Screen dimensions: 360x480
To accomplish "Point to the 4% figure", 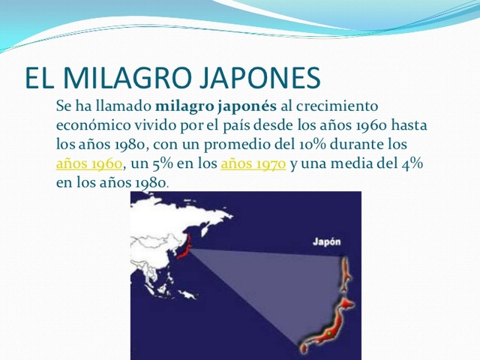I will pos(412,163).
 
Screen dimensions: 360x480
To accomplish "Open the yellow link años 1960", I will pos(89,163).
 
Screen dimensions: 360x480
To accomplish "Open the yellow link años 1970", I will pos(253,163).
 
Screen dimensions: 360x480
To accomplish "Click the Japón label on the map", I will pos(326,242).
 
